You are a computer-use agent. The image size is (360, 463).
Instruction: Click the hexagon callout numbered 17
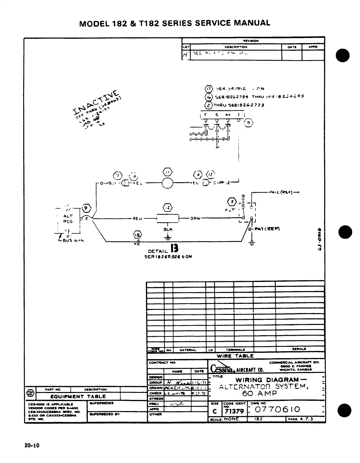tap(208, 88)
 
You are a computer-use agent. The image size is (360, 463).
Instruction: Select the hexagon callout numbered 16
tap(208, 97)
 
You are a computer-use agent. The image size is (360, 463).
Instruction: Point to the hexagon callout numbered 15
tap(137, 234)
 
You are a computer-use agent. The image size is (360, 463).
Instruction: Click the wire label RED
tap(137, 219)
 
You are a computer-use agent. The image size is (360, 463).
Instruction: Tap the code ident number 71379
tap(234, 411)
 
